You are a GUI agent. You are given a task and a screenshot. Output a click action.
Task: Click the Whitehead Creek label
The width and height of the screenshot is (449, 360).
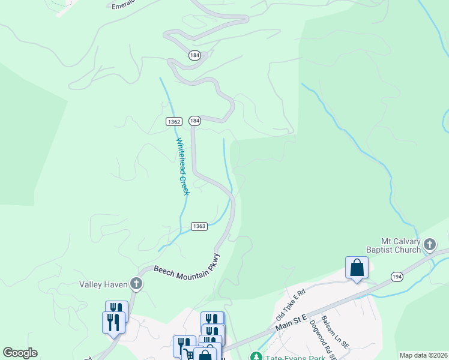coord(182,166)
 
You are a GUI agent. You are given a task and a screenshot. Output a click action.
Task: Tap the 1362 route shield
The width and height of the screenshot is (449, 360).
coord(174,121)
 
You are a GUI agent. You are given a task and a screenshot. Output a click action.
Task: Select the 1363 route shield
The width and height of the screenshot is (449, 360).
coord(200,226)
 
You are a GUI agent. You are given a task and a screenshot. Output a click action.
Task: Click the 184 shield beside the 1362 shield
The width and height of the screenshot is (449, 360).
coord(194,121)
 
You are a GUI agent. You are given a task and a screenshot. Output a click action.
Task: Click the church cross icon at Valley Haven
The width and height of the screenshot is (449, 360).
coord(136,284)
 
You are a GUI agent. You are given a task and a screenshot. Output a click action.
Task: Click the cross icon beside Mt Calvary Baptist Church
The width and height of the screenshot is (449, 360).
coord(429,244)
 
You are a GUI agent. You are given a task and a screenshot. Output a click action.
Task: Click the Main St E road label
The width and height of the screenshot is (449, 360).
coord(292,322)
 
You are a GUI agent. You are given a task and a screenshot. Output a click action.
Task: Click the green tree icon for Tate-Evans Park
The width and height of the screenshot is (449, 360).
coord(256,356)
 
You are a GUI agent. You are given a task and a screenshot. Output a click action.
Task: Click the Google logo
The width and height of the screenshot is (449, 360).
coord(20,353)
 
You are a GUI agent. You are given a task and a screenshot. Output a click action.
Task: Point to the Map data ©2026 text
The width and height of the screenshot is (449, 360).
coord(423,355)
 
